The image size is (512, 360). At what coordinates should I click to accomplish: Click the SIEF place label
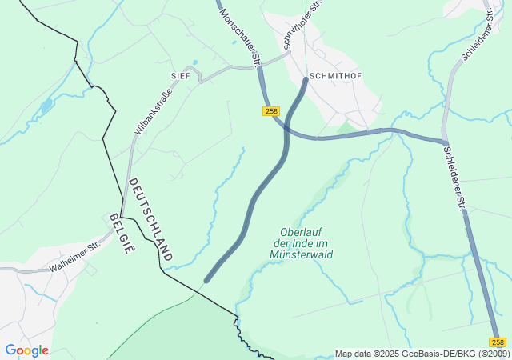click(181, 74)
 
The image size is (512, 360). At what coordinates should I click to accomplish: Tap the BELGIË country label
click(120, 233)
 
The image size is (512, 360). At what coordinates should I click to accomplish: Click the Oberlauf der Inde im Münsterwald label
click(302, 242)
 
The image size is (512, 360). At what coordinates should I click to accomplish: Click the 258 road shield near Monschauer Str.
click(270, 111)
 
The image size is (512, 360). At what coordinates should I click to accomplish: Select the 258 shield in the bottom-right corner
click(498, 342)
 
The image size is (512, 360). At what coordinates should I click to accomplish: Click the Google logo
click(26, 350)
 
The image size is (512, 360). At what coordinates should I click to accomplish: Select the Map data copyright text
click(422, 354)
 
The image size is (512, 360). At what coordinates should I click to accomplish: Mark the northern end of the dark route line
click(306, 79)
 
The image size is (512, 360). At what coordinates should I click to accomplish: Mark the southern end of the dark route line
click(206, 280)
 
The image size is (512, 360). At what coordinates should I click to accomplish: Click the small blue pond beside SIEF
click(194, 62)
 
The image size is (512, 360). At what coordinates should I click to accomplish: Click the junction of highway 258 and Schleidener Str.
click(444, 142)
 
